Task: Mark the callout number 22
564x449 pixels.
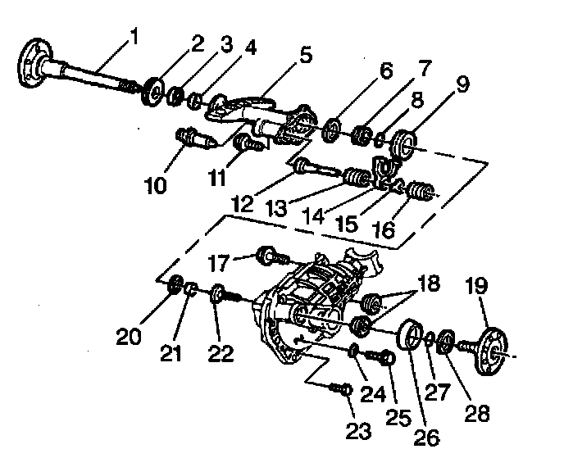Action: click(x=221, y=353)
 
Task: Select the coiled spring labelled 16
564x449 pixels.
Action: click(x=419, y=193)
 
